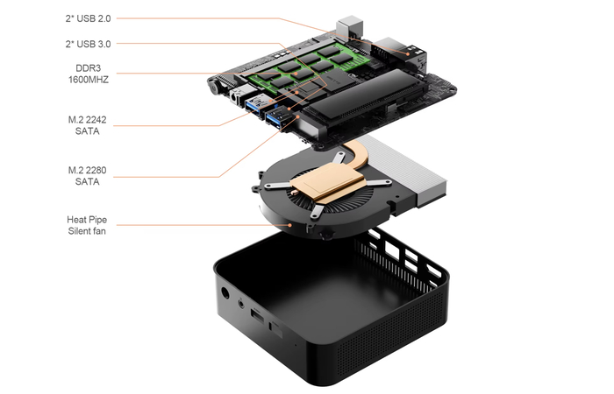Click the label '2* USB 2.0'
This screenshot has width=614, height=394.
(88, 18)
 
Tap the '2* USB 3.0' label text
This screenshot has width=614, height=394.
(88, 44)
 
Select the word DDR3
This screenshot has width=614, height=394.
(88, 68)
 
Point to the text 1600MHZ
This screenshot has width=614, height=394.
(89, 80)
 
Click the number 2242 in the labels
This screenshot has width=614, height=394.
(96, 120)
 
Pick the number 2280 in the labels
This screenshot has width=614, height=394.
(96, 170)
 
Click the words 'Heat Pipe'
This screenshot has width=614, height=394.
(87, 219)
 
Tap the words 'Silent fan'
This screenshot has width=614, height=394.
(87, 231)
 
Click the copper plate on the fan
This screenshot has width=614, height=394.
(327, 182)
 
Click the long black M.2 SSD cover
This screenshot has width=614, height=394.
(364, 94)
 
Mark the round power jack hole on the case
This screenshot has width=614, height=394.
(225, 292)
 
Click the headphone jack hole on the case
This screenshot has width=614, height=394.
(241, 302)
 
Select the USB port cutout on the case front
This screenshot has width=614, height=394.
(257, 315)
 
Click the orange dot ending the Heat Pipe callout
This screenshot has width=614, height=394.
(289, 225)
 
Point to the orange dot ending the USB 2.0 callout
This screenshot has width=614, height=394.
(408, 54)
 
